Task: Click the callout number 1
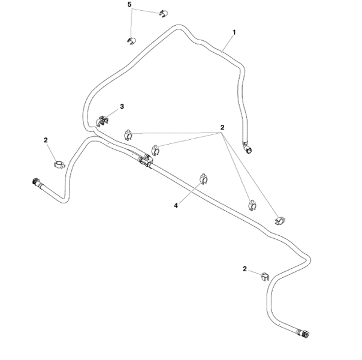pyautogui.click(x=234, y=31)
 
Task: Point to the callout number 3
pyautogui.click(x=122, y=106)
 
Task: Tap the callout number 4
pyautogui.click(x=176, y=205)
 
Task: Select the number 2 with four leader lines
pyautogui.click(x=222, y=127)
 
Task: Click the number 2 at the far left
pyautogui.click(x=46, y=140)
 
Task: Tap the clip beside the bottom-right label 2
pyautogui.click(x=263, y=277)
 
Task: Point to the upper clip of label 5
pyautogui.click(x=164, y=13)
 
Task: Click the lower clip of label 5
pyautogui.click(x=131, y=40)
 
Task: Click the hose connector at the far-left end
pyautogui.click(x=35, y=181)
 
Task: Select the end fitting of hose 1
pyautogui.click(x=247, y=145)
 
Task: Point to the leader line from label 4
pyautogui.click(x=188, y=194)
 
